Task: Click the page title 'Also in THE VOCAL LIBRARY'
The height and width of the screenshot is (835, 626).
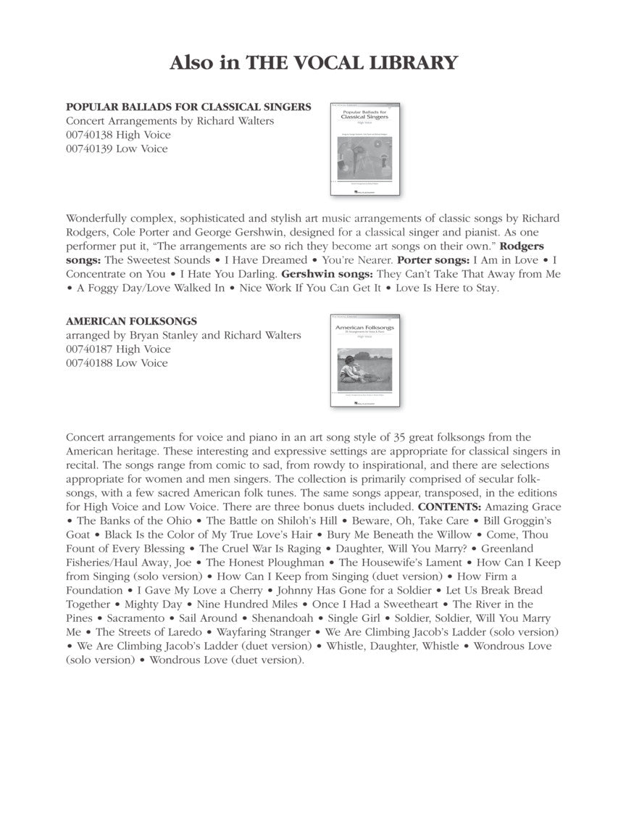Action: pos(313,63)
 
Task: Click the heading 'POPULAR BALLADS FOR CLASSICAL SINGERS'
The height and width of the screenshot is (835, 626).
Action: pos(188,107)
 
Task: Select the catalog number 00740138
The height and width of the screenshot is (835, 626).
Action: pos(89,135)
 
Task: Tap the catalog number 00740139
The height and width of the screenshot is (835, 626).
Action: pos(89,149)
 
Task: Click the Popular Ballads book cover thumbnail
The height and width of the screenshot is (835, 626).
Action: pos(366,149)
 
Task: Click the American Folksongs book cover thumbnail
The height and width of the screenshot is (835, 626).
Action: pos(365,360)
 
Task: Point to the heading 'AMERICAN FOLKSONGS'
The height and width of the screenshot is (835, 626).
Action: pos(131,321)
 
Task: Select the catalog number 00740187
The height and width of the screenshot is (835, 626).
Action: pos(89,349)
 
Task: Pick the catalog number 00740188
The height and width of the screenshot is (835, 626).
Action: pos(89,362)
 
